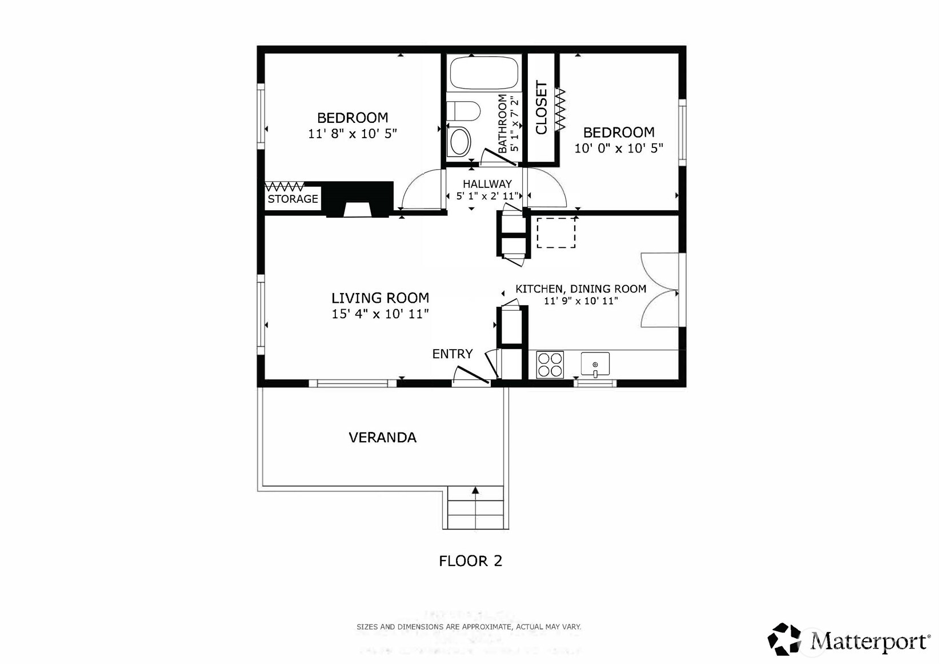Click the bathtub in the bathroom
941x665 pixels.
pos(484,73)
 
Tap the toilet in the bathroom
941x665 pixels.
pos(463,111)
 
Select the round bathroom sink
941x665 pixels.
pos(459,141)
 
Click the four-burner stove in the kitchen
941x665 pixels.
pos(550,365)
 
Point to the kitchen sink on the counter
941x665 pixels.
pos(595,364)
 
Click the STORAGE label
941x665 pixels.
pos(293,199)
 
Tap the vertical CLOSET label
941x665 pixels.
pos(542,107)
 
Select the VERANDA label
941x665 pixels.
pos(382,438)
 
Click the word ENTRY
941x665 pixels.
pos(452,354)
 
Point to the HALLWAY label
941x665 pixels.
pos(487,184)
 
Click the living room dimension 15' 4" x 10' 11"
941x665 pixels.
pos(380,314)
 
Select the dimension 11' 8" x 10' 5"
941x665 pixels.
pos(352,134)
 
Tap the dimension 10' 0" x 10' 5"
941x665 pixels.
pos(618,148)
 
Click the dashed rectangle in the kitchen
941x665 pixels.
pos(555,233)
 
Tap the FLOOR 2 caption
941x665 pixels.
pos(470,561)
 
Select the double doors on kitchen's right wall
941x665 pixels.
pos(660,290)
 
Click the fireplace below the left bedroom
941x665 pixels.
pos(359,200)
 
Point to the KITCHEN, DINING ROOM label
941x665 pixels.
pos(580,289)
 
